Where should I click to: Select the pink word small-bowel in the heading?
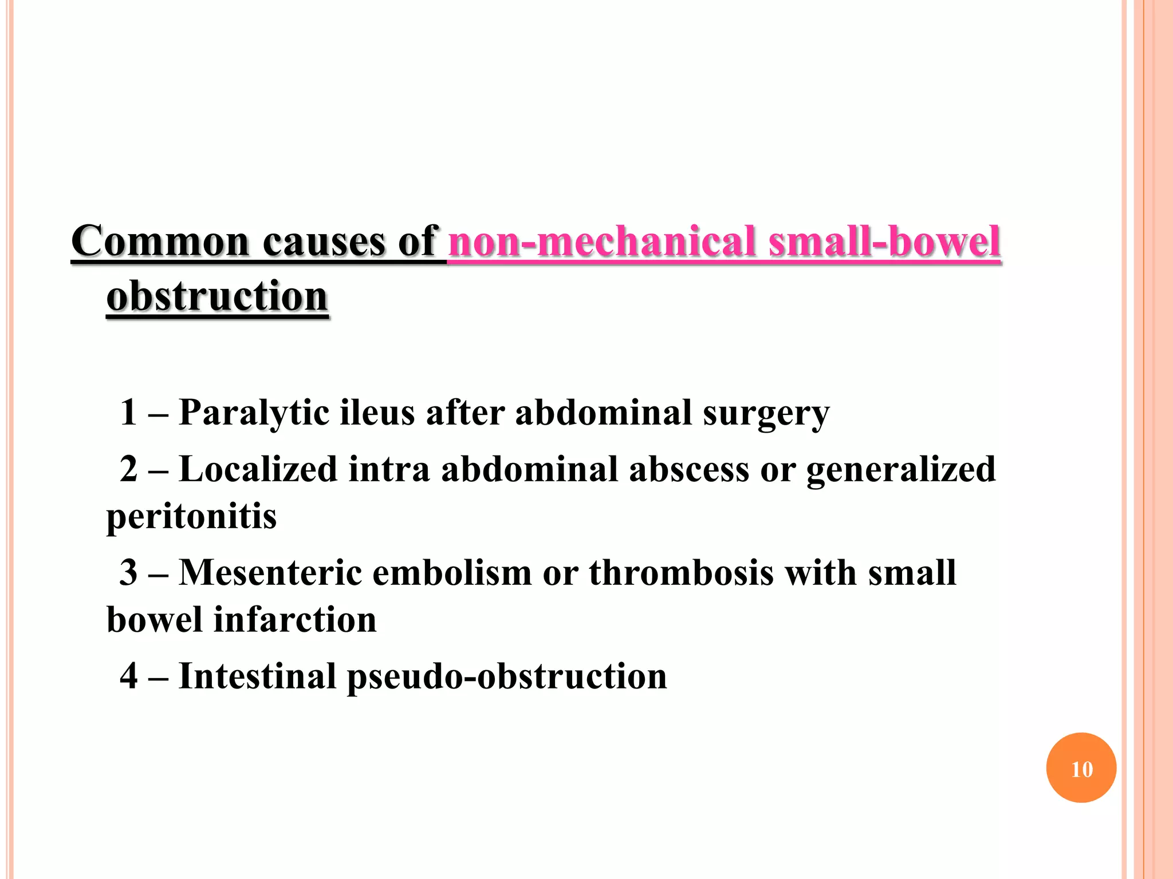coord(884,241)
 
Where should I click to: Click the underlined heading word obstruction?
coord(217,297)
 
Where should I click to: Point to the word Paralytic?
coord(254,413)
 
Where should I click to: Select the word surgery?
coord(766,413)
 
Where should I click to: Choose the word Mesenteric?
coord(270,573)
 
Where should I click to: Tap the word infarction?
coord(295,620)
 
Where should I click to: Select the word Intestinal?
coord(257,676)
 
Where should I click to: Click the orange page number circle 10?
coord(1081,768)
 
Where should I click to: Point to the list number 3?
coord(129,573)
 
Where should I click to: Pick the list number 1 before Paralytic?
coord(128,413)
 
